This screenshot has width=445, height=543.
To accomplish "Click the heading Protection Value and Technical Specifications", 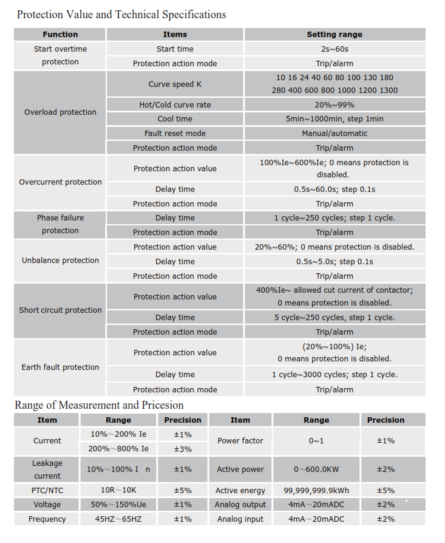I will [121, 15].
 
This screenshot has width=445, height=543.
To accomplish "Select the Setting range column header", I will [335, 35].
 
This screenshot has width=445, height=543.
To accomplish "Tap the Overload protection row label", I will [60, 112].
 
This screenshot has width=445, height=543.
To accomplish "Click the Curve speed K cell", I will [175, 84].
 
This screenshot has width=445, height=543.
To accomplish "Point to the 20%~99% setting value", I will [335, 105].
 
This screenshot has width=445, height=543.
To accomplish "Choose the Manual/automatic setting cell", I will [335, 134].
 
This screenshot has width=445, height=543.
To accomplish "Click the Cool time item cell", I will [175, 119].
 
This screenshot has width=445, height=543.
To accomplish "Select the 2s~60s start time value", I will [335, 49].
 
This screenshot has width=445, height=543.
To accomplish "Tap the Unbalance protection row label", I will [60, 261].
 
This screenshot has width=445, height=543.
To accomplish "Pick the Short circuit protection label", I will [60, 310].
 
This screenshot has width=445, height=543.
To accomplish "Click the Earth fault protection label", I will [60, 367].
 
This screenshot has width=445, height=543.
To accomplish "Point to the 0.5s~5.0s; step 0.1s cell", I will [335, 262].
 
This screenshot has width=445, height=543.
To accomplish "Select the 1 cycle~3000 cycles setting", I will [335, 375].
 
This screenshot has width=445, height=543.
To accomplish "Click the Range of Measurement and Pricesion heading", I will [99, 405].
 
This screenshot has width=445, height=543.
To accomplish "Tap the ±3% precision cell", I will [183, 449].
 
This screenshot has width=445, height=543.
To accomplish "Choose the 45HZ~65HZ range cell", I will [118, 519].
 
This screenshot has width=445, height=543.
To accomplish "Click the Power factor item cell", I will [240, 441].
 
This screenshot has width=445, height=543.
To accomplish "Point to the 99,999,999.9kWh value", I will [316, 490].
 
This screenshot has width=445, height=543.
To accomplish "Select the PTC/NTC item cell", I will [47, 490].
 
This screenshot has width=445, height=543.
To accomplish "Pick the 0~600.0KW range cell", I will [316, 470].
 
